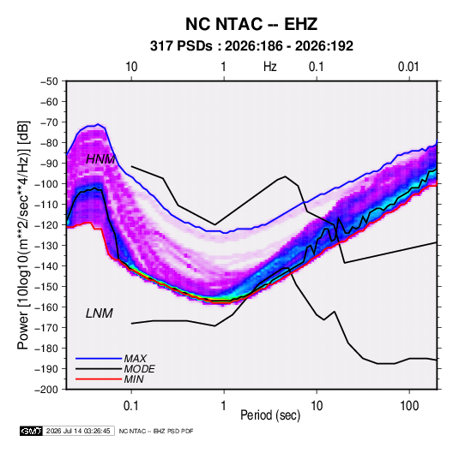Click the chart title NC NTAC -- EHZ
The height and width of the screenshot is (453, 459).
(251, 24)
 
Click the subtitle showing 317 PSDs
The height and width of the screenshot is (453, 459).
(251, 46)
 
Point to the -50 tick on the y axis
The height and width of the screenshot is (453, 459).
(49, 81)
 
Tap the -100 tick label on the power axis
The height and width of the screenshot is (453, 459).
(46, 184)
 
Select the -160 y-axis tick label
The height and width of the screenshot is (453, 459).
(46, 307)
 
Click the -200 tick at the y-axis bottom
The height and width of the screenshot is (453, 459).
(46, 390)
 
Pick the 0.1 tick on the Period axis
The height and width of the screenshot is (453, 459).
(131, 406)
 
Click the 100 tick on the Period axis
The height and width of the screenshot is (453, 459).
(409, 406)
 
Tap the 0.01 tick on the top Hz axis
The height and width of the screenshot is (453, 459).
(408, 67)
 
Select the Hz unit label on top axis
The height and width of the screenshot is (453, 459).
(270, 67)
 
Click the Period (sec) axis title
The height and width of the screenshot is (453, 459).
(270, 415)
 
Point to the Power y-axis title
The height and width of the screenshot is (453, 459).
(23, 235)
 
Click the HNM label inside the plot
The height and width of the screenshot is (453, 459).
(100, 159)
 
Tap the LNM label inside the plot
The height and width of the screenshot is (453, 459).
(100, 313)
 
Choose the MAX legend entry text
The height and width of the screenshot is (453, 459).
(136, 359)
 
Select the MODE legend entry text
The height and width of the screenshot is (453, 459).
(139, 369)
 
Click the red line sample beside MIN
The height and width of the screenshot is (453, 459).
(99, 379)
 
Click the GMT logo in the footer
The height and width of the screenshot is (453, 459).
(32, 431)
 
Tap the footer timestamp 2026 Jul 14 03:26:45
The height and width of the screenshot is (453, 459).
(78, 431)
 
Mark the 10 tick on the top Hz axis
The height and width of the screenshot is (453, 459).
(131, 67)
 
